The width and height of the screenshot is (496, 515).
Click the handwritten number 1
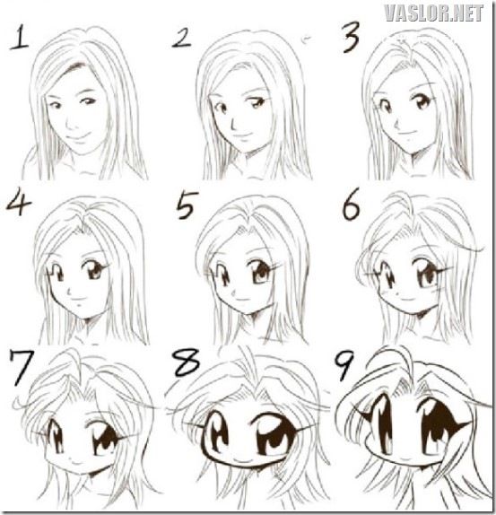pyautogui.click(x=19, y=38)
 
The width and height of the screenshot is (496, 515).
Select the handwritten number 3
pyautogui.click(x=351, y=37)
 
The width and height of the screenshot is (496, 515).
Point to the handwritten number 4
pyautogui.click(x=18, y=204)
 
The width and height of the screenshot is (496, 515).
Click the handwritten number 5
pyautogui.click(x=187, y=205)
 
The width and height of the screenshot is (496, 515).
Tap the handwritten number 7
pyautogui.click(x=22, y=367)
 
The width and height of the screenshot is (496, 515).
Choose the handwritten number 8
pyautogui.click(x=187, y=362)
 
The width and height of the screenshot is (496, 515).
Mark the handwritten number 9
pyautogui.click(x=344, y=364)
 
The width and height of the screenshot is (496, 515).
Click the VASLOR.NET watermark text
pyautogui.click(x=433, y=13)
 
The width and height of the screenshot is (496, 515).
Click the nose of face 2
pyautogui.click(x=233, y=124)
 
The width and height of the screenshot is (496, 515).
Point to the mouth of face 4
pyautogui.click(x=78, y=299)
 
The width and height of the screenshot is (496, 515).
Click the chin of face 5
pyautogui.click(x=250, y=315)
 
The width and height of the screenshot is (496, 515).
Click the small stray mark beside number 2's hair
pyautogui.click(x=307, y=39)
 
